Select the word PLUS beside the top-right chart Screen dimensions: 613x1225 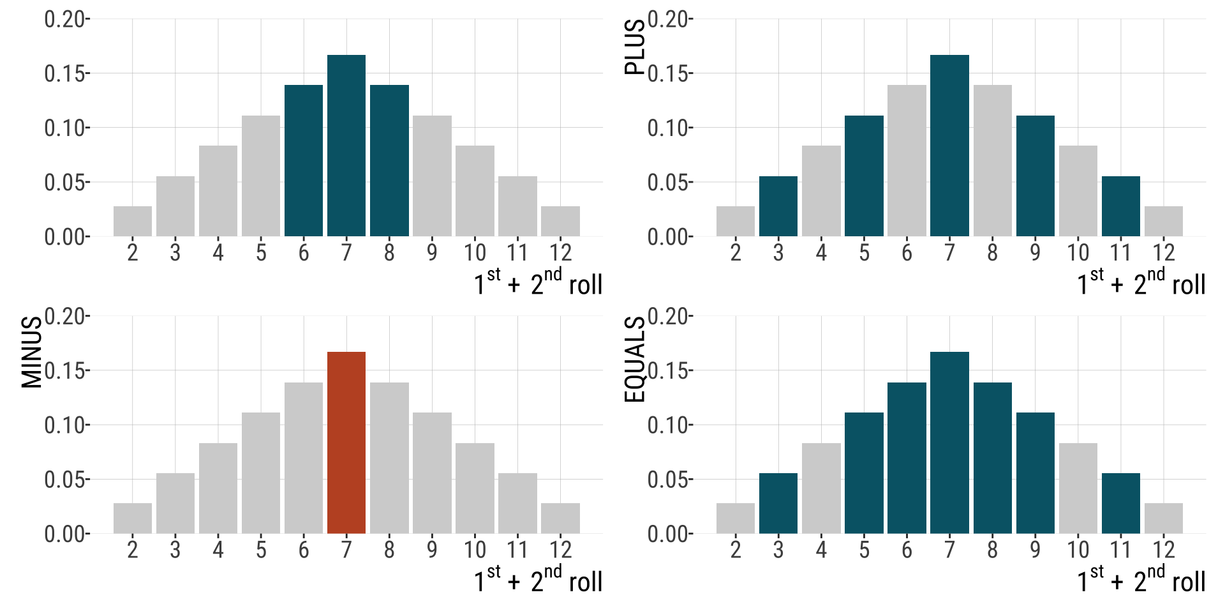(x=635, y=47)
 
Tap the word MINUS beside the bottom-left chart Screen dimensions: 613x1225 (x=32, y=352)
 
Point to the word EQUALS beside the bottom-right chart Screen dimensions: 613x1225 (x=635, y=359)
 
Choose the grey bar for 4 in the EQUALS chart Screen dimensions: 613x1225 (x=821, y=488)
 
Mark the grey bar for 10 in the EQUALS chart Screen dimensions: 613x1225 (x=1078, y=488)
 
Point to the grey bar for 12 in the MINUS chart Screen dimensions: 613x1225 (x=560, y=518)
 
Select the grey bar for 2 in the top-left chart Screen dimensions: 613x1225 (x=133, y=222)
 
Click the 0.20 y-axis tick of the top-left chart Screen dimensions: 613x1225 (x=64, y=19)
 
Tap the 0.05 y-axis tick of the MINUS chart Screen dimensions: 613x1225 (x=64, y=480)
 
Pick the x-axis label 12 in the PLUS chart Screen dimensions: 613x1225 (x=1163, y=253)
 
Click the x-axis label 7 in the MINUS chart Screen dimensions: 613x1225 (x=346, y=550)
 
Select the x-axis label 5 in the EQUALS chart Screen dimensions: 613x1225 (x=864, y=550)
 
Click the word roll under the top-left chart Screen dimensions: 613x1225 (x=585, y=285)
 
